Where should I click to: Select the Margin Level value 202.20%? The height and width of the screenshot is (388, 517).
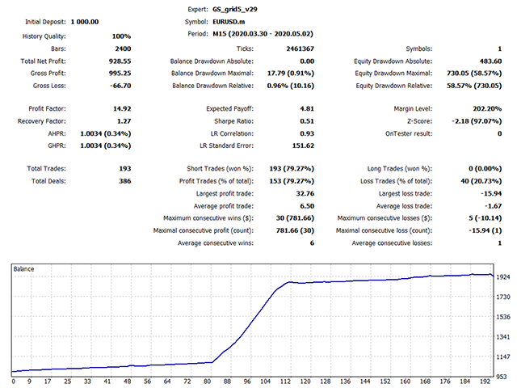click(485, 108)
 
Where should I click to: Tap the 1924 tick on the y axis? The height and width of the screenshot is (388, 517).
click(502, 276)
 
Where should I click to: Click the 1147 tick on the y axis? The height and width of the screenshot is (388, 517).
click(502, 356)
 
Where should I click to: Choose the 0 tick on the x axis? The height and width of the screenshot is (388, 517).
click(14, 381)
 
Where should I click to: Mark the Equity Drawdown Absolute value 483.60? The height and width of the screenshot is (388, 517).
click(487, 61)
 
